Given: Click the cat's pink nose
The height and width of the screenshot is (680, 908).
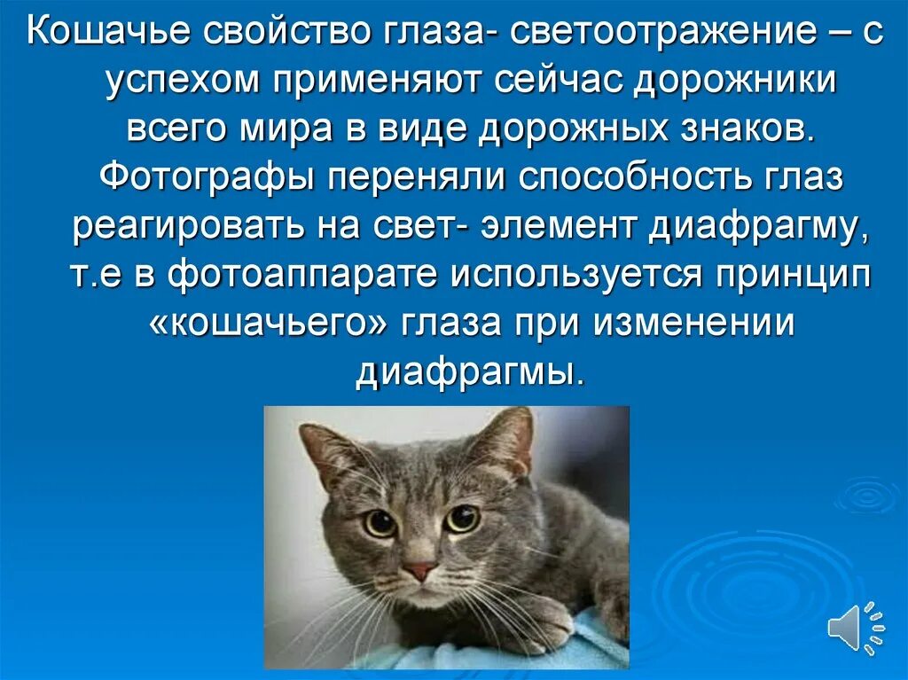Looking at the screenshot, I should pyautogui.click(x=420, y=570).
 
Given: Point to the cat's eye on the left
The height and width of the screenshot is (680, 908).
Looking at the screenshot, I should pyautogui.click(x=380, y=523).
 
